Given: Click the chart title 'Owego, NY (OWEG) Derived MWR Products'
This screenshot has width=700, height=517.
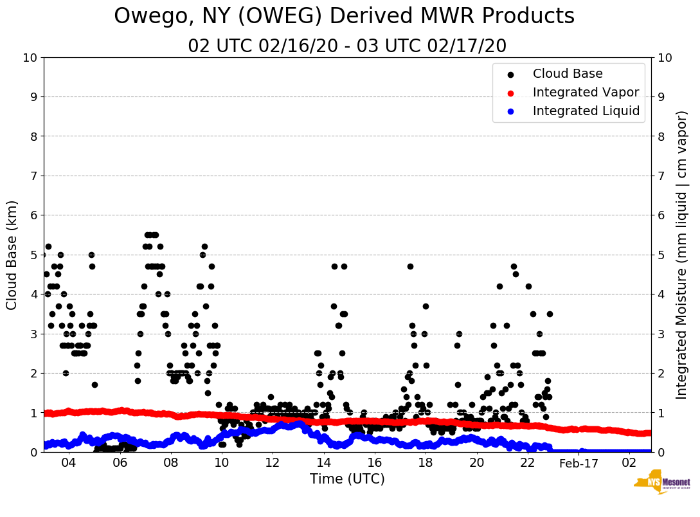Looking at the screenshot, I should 344,16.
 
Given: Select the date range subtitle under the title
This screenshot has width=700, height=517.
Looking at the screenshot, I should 347,46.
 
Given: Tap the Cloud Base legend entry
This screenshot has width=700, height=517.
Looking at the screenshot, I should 568,74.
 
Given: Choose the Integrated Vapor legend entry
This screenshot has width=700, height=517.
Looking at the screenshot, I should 586,93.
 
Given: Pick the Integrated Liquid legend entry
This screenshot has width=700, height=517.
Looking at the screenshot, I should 586,111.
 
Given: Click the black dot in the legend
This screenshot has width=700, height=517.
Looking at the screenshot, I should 511,75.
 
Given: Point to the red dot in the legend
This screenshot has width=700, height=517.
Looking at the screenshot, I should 511,93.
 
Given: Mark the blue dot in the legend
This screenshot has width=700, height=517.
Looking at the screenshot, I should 511,112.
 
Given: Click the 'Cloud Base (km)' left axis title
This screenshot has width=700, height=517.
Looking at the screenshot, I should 13,255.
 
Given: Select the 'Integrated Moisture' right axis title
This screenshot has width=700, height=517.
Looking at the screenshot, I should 682,255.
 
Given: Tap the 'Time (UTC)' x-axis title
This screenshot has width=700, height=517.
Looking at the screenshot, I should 347,479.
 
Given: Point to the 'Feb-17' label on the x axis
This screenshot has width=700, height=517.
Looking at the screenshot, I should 579,463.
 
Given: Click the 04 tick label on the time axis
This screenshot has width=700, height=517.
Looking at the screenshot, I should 68,463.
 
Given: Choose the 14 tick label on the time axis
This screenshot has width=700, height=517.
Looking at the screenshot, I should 323,463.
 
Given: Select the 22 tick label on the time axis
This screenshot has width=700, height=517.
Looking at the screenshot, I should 528,463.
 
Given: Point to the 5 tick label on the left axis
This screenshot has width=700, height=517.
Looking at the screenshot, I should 33,255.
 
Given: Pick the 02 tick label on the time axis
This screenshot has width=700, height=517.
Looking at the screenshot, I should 630,463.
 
